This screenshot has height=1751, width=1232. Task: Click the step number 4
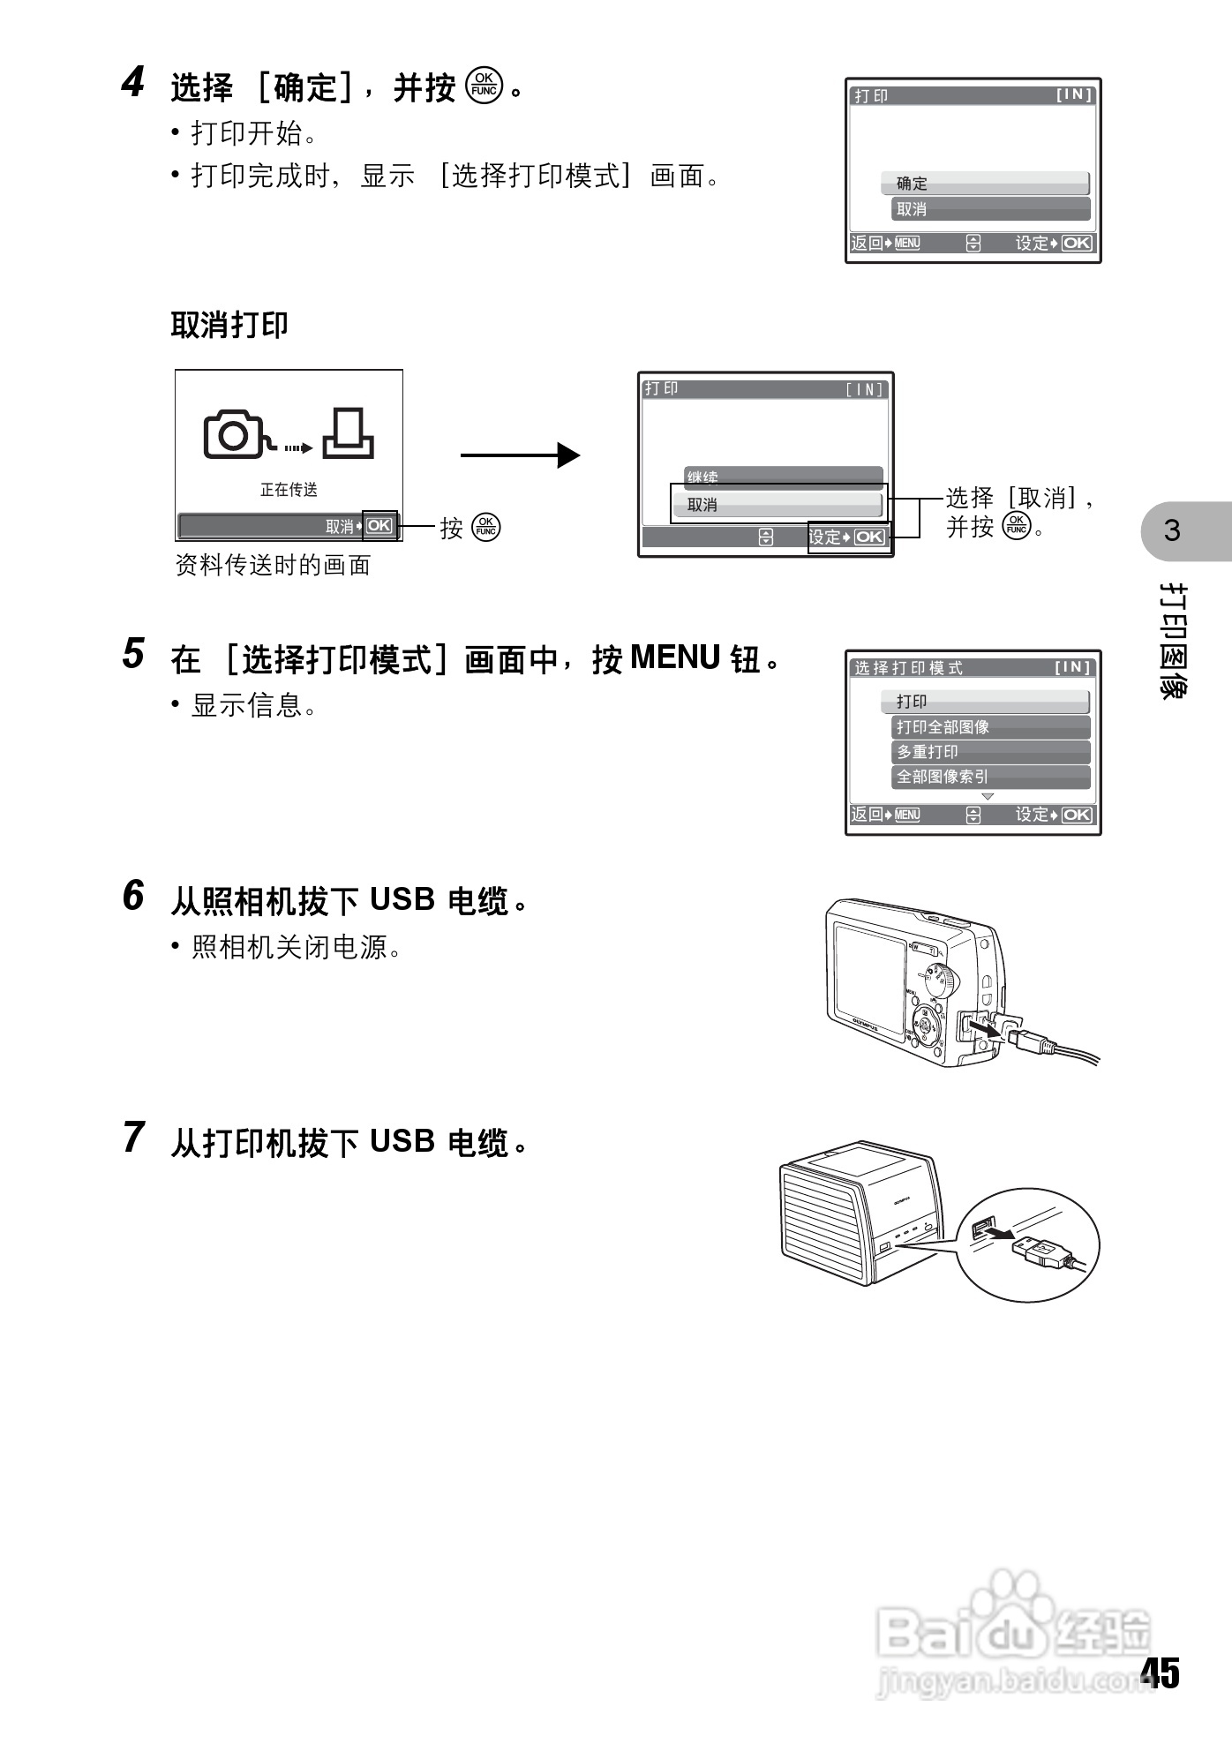[132, 84]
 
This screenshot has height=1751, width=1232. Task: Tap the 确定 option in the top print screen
[985, 184]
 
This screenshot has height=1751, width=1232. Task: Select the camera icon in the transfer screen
[234, 434]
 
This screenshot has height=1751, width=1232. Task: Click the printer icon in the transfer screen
[348, 434]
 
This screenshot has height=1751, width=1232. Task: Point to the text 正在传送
[289, 489]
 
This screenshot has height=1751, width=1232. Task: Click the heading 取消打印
[229, 325]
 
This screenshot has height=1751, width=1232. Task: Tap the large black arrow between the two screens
[520, 455]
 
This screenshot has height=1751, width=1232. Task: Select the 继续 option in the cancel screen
[783, 477]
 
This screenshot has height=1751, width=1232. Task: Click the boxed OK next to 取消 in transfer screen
[379, 526]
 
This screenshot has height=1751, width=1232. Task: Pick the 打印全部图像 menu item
[990, 727]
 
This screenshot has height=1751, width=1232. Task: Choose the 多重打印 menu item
[990, 752]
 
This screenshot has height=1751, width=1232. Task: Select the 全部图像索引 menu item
[990, 777]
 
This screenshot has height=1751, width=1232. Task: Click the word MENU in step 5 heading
[676, 658]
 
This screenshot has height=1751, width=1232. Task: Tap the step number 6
[132, 896]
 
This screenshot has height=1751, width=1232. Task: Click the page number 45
[1160, 1672]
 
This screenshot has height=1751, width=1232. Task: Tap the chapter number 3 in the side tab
[1172, 531]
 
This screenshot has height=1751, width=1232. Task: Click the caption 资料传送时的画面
[273, 566]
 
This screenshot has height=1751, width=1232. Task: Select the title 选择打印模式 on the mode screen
[908, 668]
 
